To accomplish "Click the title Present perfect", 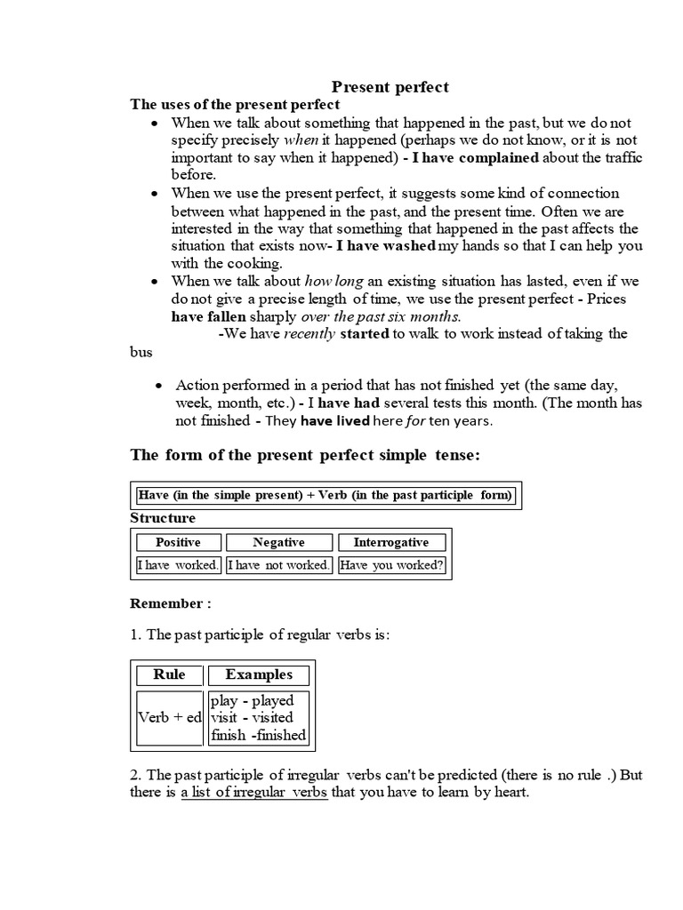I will (390, 87).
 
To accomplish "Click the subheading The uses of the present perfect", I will (235, 105).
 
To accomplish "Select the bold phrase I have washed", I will (386, 245).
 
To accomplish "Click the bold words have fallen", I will (204, 316).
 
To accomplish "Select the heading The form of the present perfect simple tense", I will (305, 456).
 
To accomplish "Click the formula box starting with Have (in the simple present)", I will (325, 496).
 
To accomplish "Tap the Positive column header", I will (178, 542).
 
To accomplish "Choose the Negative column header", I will (278, 542).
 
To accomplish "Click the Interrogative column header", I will (390, 542).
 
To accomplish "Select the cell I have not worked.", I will (278, 565).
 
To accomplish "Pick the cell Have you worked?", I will (391, 565).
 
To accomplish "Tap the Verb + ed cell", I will (169, 717).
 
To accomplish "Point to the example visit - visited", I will (252, 717).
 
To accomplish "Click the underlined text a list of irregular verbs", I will (254, 792).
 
